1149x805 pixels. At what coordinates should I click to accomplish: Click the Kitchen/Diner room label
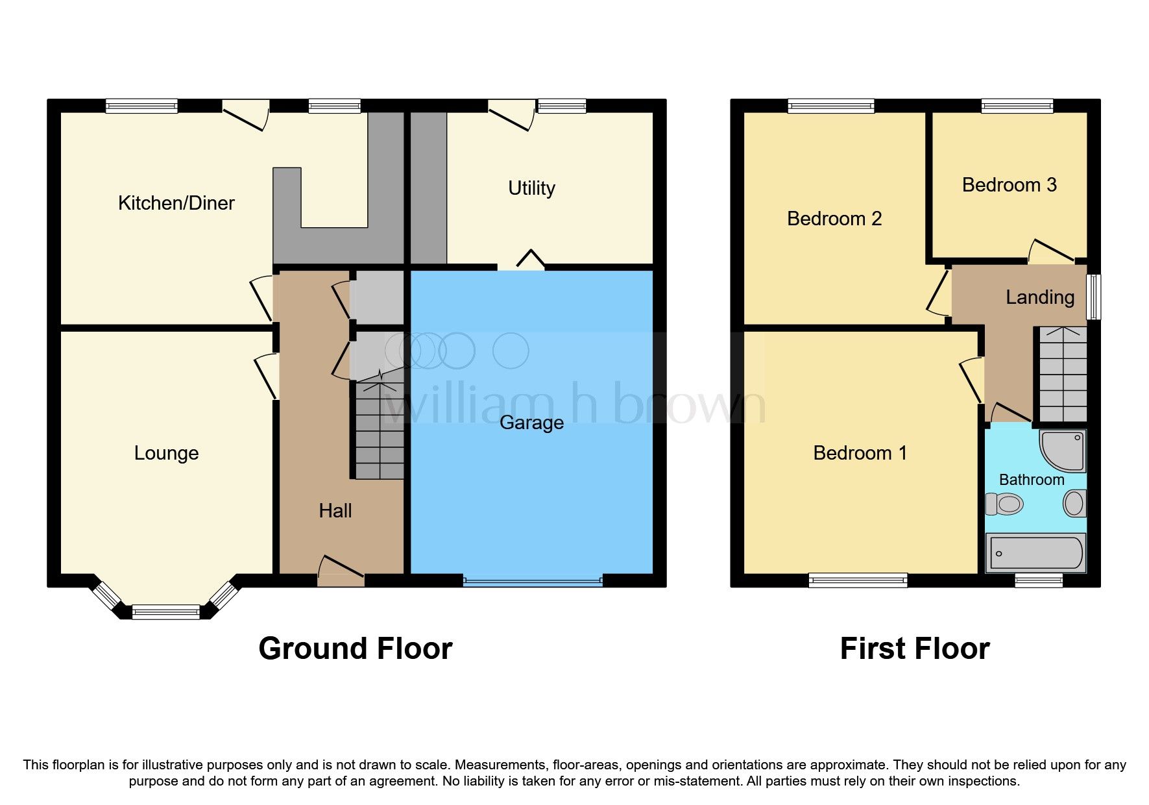pyautogui.click(x=176, y=203)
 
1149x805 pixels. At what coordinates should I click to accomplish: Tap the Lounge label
pyautogui.click(x=166, y=453)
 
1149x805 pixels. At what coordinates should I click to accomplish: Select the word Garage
pyautogui.click(x=531, y=423)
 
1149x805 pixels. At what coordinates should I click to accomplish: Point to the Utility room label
pyautogui.click(x=531, y=188)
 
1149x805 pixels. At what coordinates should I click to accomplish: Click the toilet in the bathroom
pyautogui.click(x=1004, y=504)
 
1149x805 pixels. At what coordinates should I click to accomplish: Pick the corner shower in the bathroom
pyautogui.click(x=1063, y=451)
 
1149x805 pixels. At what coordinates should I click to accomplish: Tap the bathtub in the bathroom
pyautogui.click(x=1035, y=553)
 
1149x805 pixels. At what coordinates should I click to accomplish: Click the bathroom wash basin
pyautogui.click(x=1074, y=504)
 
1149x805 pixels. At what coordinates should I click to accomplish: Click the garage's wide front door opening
pyautogui.click(x=533, y=580)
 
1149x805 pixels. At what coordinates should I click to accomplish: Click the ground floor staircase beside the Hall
pyautogui.click(x=380, y=432)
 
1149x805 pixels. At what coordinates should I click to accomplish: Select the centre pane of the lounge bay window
pyautogui.click(x=166, y=612)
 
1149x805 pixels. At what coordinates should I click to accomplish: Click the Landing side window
pyautogui.click(x=1094, y=297)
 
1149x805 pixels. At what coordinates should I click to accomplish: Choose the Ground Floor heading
pyautogui.click(x=355, y=649)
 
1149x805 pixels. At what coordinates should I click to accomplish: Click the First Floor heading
pyautogui.click(x=914, y=649)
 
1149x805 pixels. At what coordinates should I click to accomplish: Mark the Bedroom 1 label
pyautogui.click(x=860, y=453)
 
